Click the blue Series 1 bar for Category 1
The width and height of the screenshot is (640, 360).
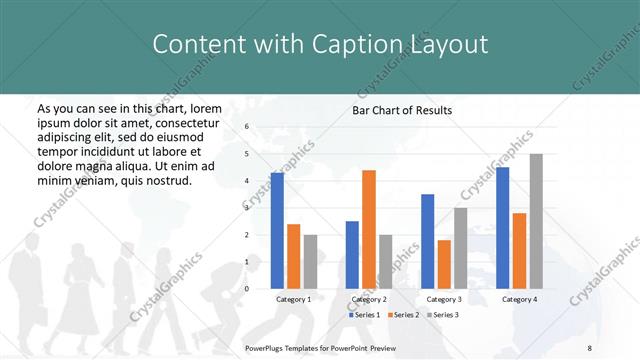(x=277, y=231)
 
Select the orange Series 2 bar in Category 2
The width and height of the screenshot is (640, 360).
(x=369, y=229)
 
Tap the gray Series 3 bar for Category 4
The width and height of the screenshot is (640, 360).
(x=536, y=221)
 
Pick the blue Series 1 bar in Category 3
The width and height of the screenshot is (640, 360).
(x=428, y=241)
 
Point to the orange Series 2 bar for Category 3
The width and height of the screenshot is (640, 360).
(x=444, y=264)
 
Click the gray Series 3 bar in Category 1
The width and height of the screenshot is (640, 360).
(x=310, y=261)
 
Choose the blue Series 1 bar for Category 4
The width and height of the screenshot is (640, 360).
(x=502, y=228)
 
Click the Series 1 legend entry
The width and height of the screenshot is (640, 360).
(x=364, y=315)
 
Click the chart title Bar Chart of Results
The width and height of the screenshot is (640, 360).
(x=402, y=110)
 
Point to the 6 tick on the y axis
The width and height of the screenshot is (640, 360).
(x=246, y=127)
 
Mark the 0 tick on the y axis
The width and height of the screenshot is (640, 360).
(x=246, y=289)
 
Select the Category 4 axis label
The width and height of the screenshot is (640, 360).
(x=518, y=299)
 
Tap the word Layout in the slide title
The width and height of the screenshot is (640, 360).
(x=446, y=44)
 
